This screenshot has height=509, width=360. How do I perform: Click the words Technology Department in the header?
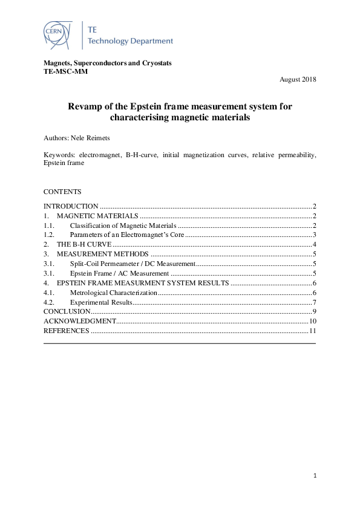pos(130,41)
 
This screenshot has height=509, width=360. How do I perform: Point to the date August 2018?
pos(298,80)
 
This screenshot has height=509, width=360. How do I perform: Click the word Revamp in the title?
pos(86,106)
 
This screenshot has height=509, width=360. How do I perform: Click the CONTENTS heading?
pos(62,192)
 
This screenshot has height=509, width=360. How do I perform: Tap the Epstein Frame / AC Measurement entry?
pos(119,273)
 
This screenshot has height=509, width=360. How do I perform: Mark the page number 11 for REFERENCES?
pos(312,331)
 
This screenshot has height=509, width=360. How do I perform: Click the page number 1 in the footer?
pos(315,476)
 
